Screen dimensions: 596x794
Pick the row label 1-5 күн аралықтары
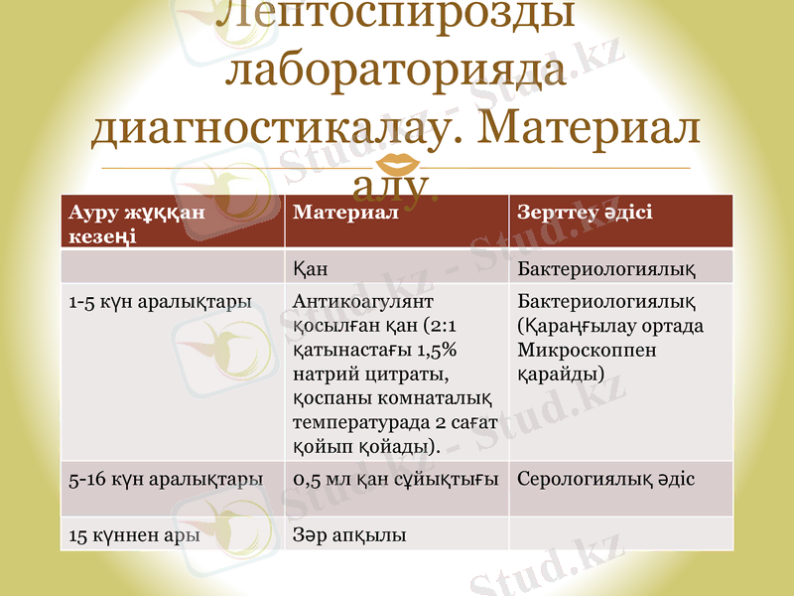click(159, 300)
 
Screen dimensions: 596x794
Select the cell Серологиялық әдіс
click(605, 479)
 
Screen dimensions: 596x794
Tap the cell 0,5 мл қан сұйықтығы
click(396, 479)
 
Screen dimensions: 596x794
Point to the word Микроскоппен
click(587, 350)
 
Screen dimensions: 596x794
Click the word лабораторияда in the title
click(397, 72)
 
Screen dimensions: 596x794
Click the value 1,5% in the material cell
click(435, 350)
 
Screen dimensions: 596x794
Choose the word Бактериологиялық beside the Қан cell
click(605, 268)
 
